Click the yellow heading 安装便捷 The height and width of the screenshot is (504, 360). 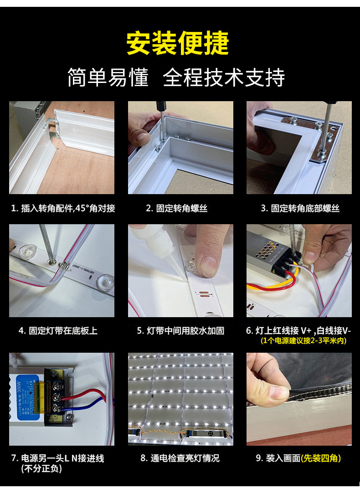coord(177,43)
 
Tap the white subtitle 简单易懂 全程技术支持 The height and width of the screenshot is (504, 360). coord(176,77)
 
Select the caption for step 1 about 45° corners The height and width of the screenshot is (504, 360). coord(63,208)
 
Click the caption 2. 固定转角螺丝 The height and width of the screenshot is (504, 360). coord(177,208)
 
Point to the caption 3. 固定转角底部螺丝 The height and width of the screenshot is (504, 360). coord(300,208)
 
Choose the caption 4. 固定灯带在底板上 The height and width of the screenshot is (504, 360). coord(58,331)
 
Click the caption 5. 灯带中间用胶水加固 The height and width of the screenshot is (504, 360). coord(180,331)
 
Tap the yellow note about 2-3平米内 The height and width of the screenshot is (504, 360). coord(303,341)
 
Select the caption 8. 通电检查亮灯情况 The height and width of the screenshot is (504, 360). coord(180,458)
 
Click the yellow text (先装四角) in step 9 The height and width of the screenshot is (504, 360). coord(321,458)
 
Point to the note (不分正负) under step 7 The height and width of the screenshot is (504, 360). coord(41,468)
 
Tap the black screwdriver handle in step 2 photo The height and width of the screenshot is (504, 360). coord(160,106)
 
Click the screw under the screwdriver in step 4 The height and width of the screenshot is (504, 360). coord(51,262)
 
